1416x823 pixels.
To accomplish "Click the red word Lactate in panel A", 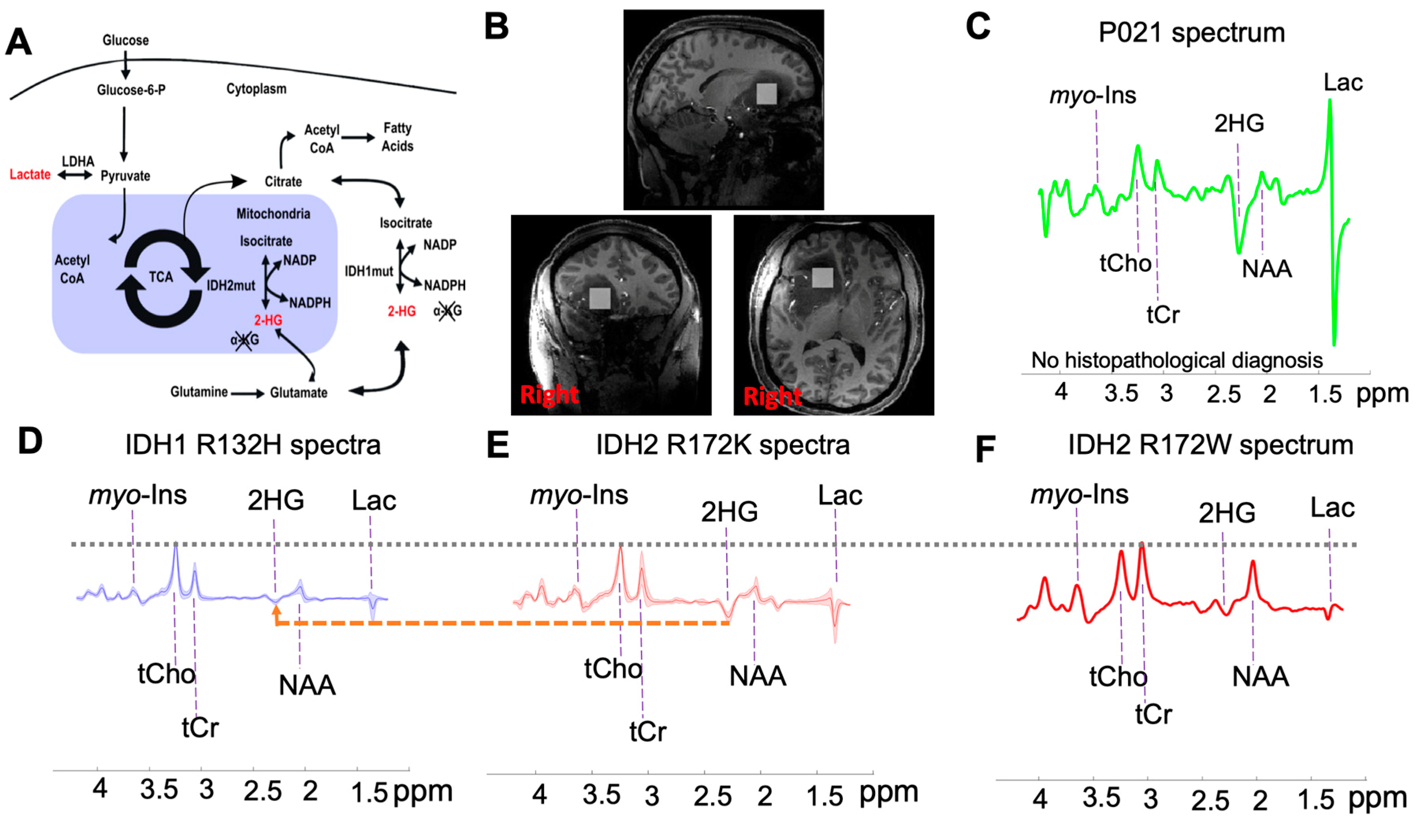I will pos(30,175).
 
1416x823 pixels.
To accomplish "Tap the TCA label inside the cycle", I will pos(161,277).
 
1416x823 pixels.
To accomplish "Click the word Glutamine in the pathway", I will pos(199,392).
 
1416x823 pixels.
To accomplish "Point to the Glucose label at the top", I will pos(125,41).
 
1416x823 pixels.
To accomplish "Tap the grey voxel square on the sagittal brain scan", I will pos(766,94).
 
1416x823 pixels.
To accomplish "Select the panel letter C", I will pos(978,27).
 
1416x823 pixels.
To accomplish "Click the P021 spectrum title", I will pos(1191,33).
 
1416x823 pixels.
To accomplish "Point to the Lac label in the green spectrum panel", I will pos(1343,83).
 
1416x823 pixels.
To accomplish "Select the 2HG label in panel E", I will pos(729,512).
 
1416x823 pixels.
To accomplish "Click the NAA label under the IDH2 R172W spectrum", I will pos(1260,676).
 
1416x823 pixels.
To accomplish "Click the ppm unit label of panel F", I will pos(1378,798).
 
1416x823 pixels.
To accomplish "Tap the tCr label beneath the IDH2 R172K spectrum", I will pos(647,732).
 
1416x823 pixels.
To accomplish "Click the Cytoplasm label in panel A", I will pos(256,89).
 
